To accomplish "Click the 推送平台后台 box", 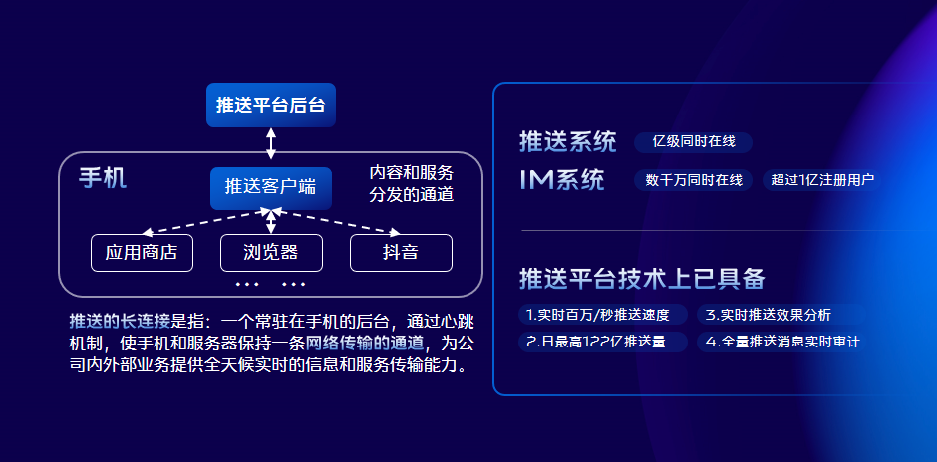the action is pyautogui.click(x=271, y=106).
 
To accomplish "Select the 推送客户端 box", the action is pyautogui.click(x=271, y=188).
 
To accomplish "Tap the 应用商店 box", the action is pyautogui.click(x=142, y=253).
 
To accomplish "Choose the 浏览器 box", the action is pyautogui.click(x=271, y=253).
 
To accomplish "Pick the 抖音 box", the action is pyautogui.click(x=401, y=253).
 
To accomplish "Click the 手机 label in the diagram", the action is pyautogui.click(x=103, y=178).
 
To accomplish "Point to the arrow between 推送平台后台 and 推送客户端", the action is pyautogui.click(x=271, y=143).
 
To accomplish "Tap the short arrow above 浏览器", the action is pyautogui.click(x=271, y=221).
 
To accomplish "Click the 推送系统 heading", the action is pyautogui.click(x=567, y=142).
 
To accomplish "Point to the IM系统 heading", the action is pyautogui.click(x=562, y=179).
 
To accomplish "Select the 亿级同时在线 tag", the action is pyautogui.click(x=693, y=142).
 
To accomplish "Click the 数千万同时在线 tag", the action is pyautogui.click(x=694, y=180).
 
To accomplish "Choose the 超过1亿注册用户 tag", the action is pyautogui.click(x=821, y=180).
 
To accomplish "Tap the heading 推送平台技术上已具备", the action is pyautogui.click(x=642, y=278).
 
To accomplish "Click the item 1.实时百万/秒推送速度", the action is pyautogui.click(x=602, y=314).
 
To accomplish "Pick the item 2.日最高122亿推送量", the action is pyautogui.click(x=602, y=343).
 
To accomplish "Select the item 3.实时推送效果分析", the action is pyautogui.click(x=781, y=314).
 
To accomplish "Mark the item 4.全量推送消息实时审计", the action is pyautogui.click(x=781, y=343).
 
